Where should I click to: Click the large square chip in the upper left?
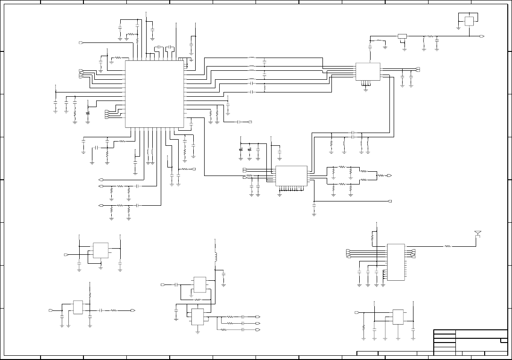(x=154, y=93)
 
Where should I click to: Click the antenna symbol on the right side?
(x=478, y=234)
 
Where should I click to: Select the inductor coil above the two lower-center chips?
(x=215, y=257)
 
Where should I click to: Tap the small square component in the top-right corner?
(x=469, y=21)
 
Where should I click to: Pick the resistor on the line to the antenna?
(x=448, y=246)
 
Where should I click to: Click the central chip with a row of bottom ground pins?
(x=291, y=176)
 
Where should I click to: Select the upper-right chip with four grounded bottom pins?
(x=367, y=71)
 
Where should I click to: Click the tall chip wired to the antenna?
(x=396, y=262)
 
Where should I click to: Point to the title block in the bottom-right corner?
(x=470, y=343)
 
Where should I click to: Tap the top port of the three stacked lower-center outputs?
(x=258, y=317)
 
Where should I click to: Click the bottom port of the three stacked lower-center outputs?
(x=258, y=330)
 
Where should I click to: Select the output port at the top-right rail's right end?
(x=482, y=36)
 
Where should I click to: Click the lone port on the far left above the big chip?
(x=81, y=43)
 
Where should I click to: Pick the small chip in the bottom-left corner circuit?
(x=78, y=307)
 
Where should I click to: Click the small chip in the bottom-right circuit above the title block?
(x=398, y=317)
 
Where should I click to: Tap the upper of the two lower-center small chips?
(x=199, y=285)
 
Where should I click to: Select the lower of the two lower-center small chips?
(x=197, y=317)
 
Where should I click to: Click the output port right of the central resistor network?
(x=389, y=176)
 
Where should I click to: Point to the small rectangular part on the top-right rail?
(x=402, y=36)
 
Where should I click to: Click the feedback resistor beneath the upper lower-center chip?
(x=197, y=300)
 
